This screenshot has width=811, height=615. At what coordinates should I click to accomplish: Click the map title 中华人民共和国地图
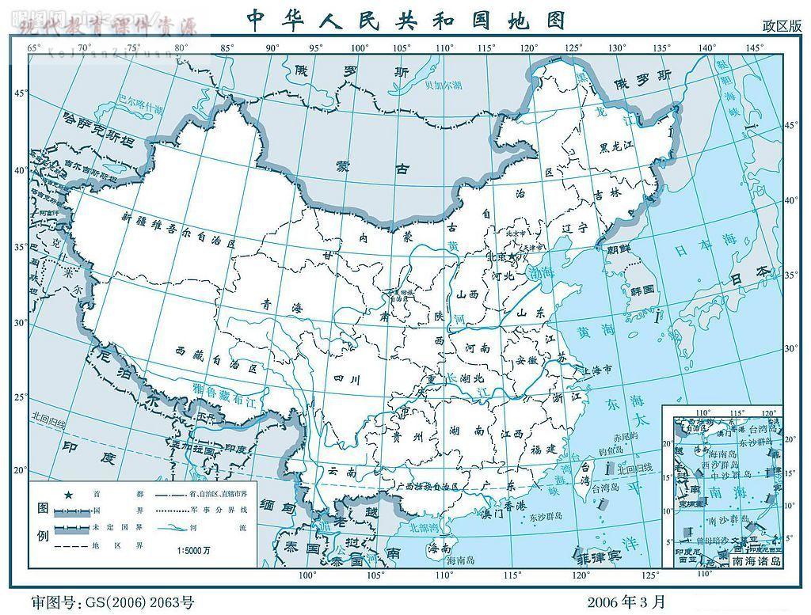406,19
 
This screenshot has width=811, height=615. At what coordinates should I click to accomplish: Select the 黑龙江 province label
617,146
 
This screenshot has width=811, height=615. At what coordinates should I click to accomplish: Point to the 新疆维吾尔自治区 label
180,230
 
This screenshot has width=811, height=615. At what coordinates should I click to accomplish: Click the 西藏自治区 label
216,362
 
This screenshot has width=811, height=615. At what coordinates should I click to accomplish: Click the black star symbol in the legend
69,495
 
